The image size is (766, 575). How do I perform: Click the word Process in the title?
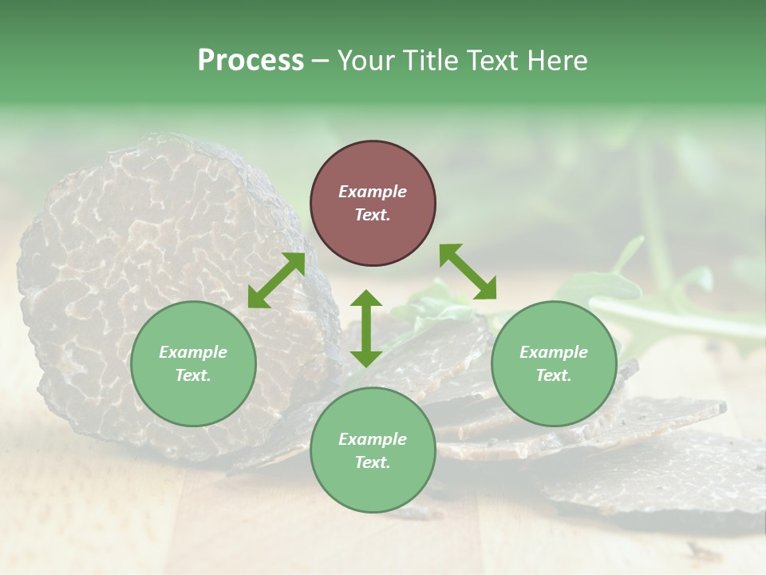click(x=251, y=61)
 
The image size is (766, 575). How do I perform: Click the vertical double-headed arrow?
click(x=366, y=328)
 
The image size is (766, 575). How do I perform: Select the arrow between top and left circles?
click(x=277, y=280)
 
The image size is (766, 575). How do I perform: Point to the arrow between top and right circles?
click(x=468, y=272)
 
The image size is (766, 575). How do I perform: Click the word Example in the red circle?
click(x=373, y=192)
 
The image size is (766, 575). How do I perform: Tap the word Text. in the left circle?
click(x=193, y=375)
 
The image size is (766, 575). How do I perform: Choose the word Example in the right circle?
click(x=554, y=352)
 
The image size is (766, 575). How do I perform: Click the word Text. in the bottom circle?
click(x=373, y=462)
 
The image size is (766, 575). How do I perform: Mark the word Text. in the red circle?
click(x=373, y=215)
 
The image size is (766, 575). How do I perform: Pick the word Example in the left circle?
click(x=193, y=352)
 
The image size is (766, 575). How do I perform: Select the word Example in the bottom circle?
click(x=373, y=439)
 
